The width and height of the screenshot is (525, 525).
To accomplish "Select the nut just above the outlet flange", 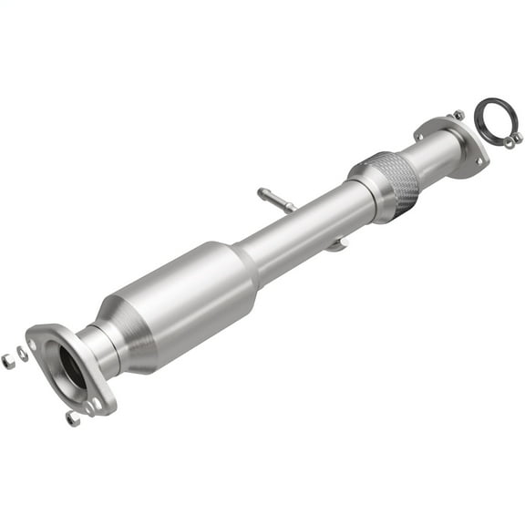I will pos(458,115).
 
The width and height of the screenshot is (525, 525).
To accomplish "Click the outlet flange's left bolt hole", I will pos(420,136).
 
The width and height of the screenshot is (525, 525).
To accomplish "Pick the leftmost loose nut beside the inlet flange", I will pos(8,361).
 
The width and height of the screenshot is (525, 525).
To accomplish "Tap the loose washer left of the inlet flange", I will pos(23,354).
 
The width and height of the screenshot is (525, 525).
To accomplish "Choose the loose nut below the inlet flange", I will pos(72,418).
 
